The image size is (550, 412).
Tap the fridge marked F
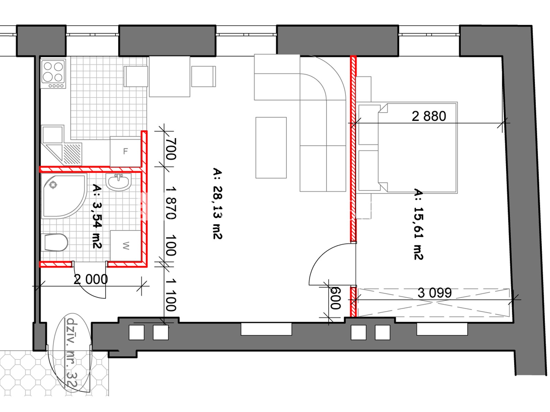(x=125, y=151)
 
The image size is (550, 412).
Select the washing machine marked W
(x=126, y=245)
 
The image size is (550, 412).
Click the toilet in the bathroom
(x=56, y=242)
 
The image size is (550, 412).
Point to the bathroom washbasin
(x=119, y=182)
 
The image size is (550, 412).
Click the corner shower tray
(x=64, y=196)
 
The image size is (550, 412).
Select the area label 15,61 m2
(x=418, y=225)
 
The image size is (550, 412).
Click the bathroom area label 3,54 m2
(x=97, y=216)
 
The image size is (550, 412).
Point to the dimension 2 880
(x=429, y=116)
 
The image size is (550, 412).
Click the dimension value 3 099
(x=435, y=293)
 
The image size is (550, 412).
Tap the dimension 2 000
(x=91, y=279)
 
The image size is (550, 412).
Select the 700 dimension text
(x=171, y=149)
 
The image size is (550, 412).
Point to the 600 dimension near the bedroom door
(x=335, y=298)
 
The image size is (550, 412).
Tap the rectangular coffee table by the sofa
(x=271, y=148)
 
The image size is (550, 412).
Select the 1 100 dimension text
(x=171, y=295)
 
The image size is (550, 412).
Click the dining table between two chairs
(x=169, y=76)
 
